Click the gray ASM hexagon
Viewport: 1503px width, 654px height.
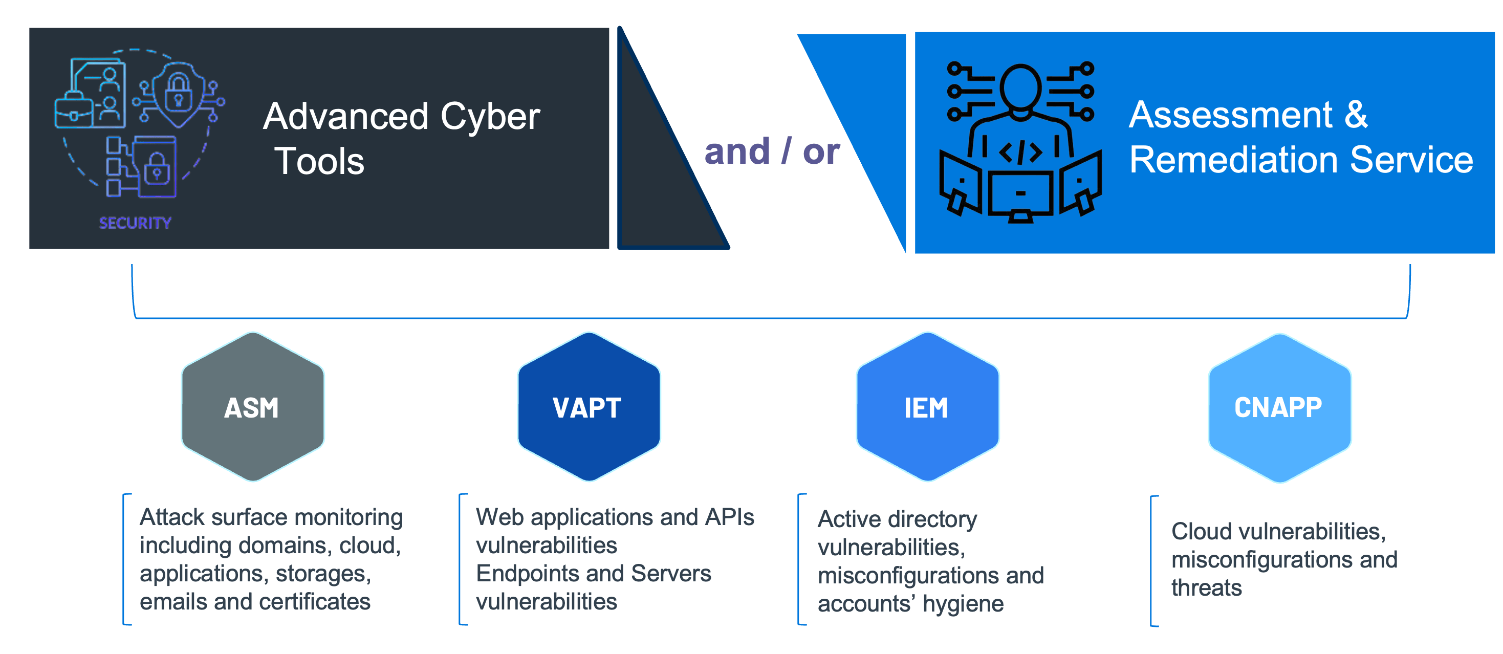pyautogui.click(x=253, y=407)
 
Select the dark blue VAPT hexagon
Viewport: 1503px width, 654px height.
pyautogui.click(x=589, y=407)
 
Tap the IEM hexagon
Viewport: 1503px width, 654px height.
pyautogui.click(x=927, y=407)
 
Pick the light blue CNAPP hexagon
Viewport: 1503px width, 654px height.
pyautogui.click(x=1279, y=407)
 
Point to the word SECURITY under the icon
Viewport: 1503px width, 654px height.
pyautogui.click(x=135, y=223)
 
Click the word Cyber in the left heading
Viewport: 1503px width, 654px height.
pyautogui.click(x=490, y=117)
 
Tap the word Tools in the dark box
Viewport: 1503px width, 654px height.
pyautogui.click(x=320, y=162)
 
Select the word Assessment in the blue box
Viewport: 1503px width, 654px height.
pyautogui.click(x=1231, y=115)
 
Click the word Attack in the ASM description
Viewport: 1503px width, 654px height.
pyautogui.click(x=171, y=517)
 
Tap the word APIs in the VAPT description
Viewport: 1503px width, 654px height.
pyautogui.click(x=729, y=517)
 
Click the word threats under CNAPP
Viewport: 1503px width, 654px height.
pyautogui.click(x=1206, y=587)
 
